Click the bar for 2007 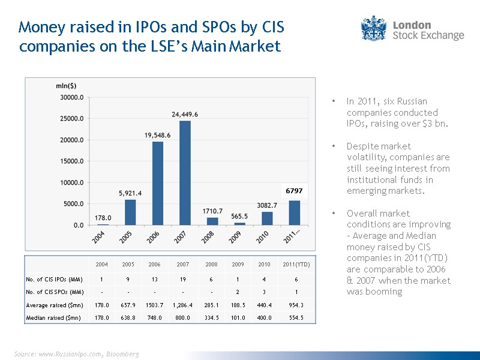184,173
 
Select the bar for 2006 158,183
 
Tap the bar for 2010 266,218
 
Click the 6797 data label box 294,191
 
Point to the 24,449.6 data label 185,114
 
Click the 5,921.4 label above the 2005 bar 130,193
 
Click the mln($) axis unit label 66,86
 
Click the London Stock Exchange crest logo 373,29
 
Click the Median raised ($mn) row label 53,317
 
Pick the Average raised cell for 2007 182,305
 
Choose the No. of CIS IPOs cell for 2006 154,279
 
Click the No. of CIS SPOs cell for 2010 264,292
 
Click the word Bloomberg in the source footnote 124,354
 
